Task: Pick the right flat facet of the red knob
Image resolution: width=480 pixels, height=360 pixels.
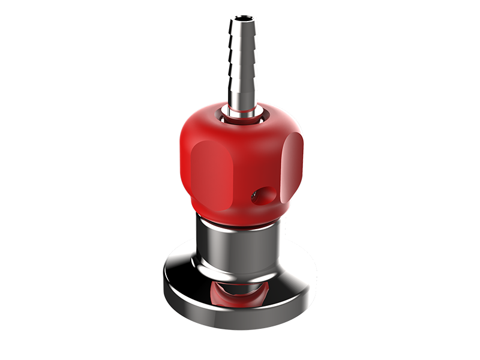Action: tap(293, 162)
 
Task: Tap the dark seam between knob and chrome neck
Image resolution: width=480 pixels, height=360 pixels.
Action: tap(239, 222)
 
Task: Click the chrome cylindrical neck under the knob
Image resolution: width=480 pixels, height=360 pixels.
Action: tap(239, 243)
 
